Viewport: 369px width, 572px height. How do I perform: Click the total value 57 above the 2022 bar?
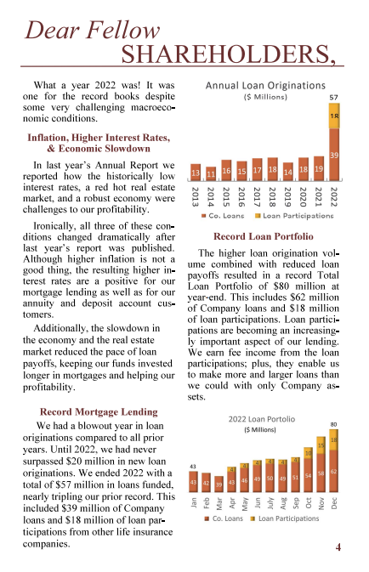coord(334,99)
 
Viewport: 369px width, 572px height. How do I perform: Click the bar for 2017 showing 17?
coord(257,171)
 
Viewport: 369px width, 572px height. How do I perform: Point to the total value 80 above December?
coord(334,423)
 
